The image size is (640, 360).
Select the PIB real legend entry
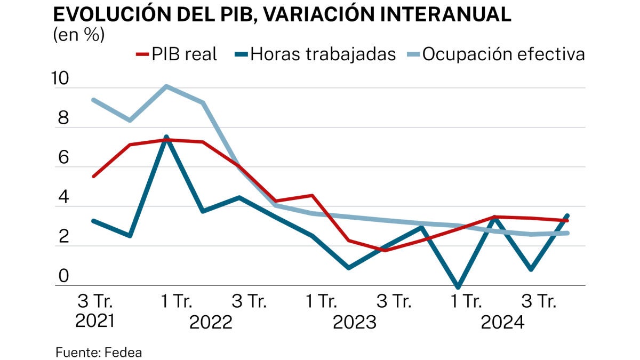pyautogui.click(x=178, y=54)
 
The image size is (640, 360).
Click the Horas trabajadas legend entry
pyautogui.click(x=317, y=54)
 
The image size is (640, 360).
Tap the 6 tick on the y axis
pyautogui.click(x=63, y=158)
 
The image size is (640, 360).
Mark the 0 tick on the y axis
pyautogui.click(x=63, y=277)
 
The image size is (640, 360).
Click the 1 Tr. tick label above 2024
pyautogui.click(x=466, y=302)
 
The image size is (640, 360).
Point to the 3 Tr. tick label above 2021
pyautogui.click(x=97, y=302)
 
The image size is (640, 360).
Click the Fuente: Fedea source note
pyautogui.click(x=99, y=353)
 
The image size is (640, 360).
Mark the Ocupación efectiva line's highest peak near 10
pyautogui.click(x=166, y=86)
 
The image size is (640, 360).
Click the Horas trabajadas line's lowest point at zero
pyautogui.click(x=458, y=287)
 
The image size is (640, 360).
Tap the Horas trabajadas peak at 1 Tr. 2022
pyautogui.click(x=166, y=137)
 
